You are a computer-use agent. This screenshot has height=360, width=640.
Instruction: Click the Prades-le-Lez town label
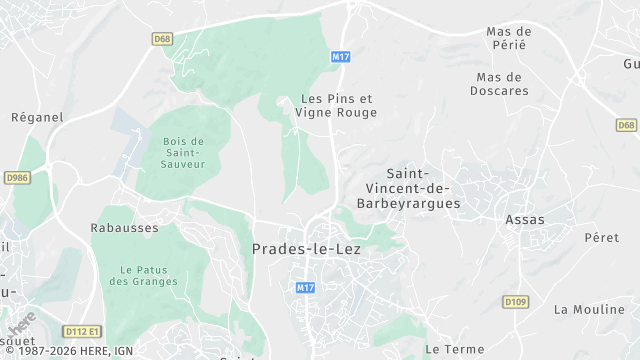point(306,249)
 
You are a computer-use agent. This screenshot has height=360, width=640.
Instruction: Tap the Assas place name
point(525,219)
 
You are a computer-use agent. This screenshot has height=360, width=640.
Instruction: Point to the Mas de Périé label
point(508,38)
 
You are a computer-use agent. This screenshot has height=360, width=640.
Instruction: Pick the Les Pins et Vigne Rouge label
point(336,106)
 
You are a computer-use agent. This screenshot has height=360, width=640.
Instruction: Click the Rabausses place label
point(126,227)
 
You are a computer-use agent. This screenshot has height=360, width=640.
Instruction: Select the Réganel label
point(37,117)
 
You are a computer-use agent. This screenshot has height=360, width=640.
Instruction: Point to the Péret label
point(601,238)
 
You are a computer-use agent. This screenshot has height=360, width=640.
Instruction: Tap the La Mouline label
point(588,309)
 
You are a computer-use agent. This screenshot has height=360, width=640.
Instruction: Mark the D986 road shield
point(17,177)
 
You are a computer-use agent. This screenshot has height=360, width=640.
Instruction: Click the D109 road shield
point(515,301)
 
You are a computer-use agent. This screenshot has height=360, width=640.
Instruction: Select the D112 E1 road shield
point(81,331)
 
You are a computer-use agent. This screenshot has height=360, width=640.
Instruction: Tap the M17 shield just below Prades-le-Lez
point(306,287)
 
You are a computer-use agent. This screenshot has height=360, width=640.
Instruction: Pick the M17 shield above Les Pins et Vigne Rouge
point(341,57)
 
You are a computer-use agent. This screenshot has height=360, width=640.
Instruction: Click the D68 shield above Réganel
point(163,39)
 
